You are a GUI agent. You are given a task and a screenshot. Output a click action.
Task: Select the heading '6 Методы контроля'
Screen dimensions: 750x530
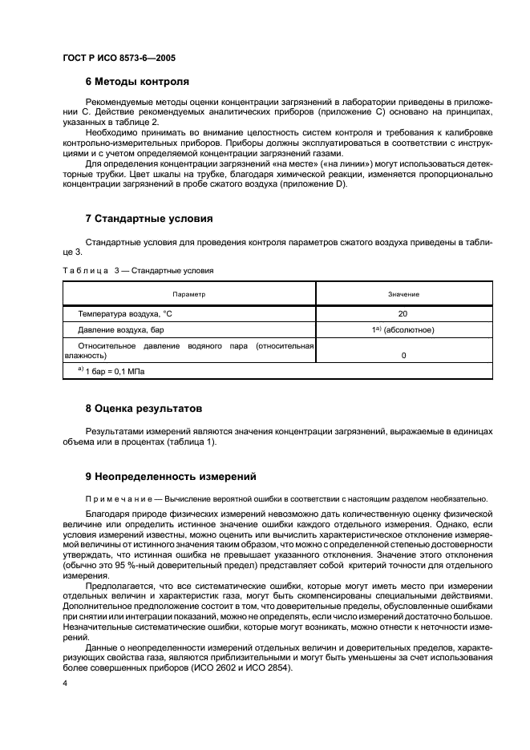[137, 82]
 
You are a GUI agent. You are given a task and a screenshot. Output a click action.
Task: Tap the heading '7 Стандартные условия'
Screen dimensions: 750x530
[148, 218]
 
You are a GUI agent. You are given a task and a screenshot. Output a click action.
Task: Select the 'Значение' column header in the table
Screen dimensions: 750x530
[403, 294]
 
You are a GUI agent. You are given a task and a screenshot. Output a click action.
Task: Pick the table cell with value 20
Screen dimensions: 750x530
[403, 314]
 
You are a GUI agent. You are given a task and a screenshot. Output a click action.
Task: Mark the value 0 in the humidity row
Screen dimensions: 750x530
[403, 354]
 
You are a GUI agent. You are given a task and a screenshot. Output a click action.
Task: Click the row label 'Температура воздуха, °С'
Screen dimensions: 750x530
[125, 314]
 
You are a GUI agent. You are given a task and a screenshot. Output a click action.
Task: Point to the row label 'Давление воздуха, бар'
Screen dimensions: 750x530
[121, 329]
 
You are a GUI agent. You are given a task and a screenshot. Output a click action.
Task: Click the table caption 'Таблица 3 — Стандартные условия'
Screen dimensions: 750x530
[138, 271]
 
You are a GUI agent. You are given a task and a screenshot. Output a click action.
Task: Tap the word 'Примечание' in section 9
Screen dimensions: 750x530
[119, 498]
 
